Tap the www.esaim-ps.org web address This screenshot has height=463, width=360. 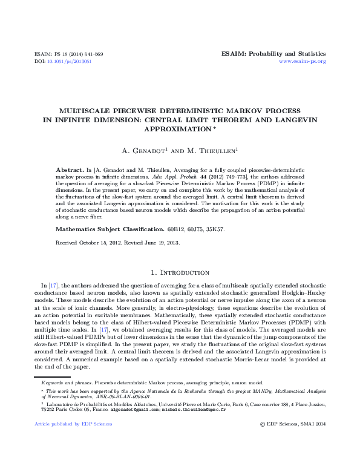tap(302, 62)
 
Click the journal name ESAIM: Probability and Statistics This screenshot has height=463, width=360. tap(274, 54)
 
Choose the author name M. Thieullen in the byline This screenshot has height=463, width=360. tap(214, 150)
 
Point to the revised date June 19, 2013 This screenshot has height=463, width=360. tap(152, 243)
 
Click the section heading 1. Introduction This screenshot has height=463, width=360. tap(180, 273)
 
